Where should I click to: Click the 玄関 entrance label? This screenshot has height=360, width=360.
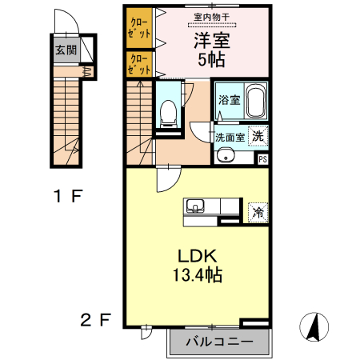coord(66,50)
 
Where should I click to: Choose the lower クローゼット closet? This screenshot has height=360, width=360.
coord(139,64)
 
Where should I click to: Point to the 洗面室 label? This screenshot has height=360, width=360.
coord(229,137)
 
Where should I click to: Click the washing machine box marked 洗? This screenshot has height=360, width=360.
coord(257,136)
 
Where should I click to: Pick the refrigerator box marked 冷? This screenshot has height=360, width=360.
coord(258,212)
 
